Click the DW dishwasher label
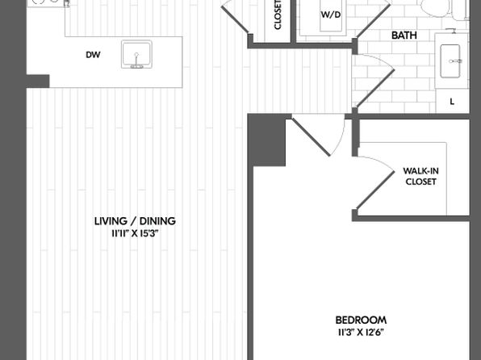pyautogui.click(x=93, y=55)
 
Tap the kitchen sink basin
pyautogui.click(x=136, y=54)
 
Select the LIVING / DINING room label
pyautogui.click(x=135, y=221)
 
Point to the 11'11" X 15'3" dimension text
pyautogui.click(x=135, y=234)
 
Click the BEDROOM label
pyautogui.click(x=361, y=320)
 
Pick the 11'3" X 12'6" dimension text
pyautogui.click(x=361, y=333)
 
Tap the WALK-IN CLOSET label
pyautogui.click(x=420, y=176)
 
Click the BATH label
pyautogui.click(x=404, y=36)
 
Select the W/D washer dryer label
pyautogui.click(x=331, y=15)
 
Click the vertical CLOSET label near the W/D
pyautogui.click(x=278, y=15)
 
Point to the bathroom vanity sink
pyautogui.click(x=450, y=61)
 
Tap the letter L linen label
pyautogui.click(x=452, y=102)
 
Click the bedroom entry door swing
pyautogui.click(x=319, y=135)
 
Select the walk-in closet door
pyautogui.click(x=375, y=183)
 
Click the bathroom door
pyautogui.click(x=374, y=81)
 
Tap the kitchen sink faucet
pyautogui.click(x=136, y=61)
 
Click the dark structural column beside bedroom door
pyautogui.click(x=266, y=140)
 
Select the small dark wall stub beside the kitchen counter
pyautogui.click(x=38, y=82)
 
